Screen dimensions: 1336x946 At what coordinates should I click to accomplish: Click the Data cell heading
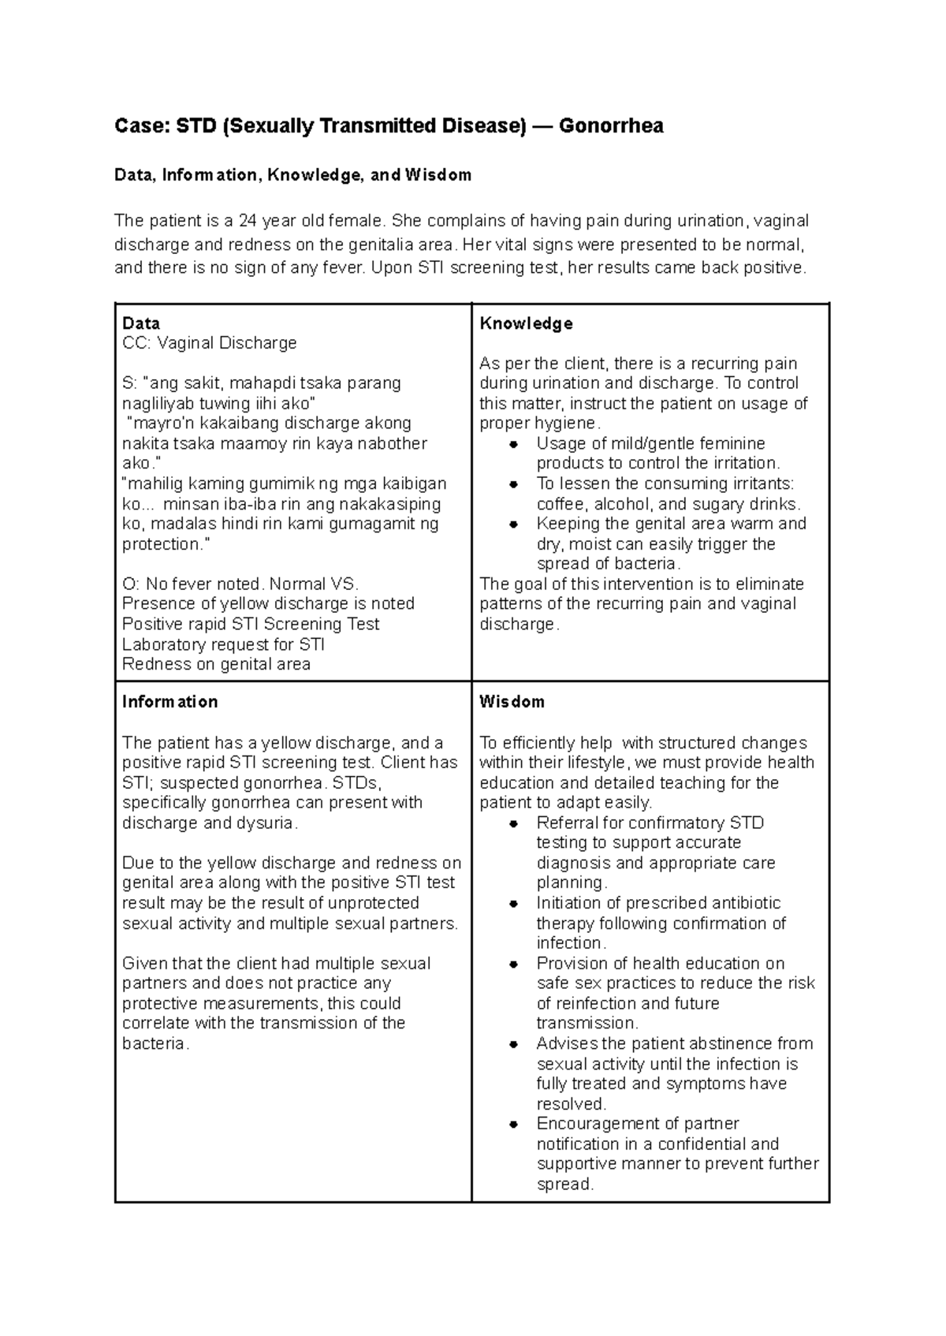pos(141,323)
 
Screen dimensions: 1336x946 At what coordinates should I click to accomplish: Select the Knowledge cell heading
pos(526,323)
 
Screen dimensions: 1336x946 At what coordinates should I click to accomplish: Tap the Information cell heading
pos(169,702)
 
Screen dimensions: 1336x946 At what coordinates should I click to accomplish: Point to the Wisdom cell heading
pos(512,702)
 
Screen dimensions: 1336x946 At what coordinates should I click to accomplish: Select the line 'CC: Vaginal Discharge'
pos(209,343)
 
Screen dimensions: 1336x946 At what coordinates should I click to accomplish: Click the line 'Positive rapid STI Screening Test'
pos(251,624)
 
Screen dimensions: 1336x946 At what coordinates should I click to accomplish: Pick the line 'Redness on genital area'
pos(216,664)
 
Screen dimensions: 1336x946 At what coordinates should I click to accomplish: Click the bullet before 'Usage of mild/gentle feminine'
pos(513,444)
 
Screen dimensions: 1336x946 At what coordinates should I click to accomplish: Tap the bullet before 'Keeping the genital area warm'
pos(513,524)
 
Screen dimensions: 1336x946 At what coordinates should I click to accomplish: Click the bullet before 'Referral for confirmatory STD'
pos(513,823)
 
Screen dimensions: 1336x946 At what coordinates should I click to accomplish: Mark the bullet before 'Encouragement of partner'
pos(513,1124)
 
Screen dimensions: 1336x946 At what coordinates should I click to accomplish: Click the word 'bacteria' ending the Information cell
pos(154,1043)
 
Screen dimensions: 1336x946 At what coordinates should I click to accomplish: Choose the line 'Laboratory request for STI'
pos(223,644)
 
